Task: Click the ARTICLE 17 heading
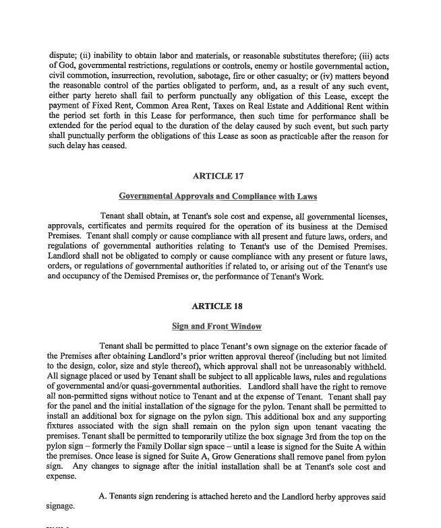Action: point(218,176)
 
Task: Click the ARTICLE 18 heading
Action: point(217,306)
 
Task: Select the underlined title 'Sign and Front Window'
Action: point(217,327)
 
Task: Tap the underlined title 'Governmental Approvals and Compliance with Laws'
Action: point(218,197)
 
